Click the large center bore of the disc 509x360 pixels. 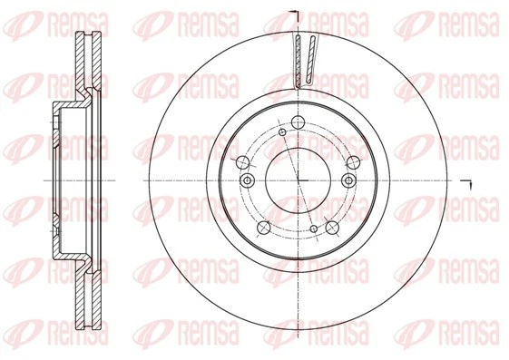tap(299, 181)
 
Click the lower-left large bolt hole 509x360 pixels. tap(264, 228)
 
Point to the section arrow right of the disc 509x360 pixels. tap(469, 184)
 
